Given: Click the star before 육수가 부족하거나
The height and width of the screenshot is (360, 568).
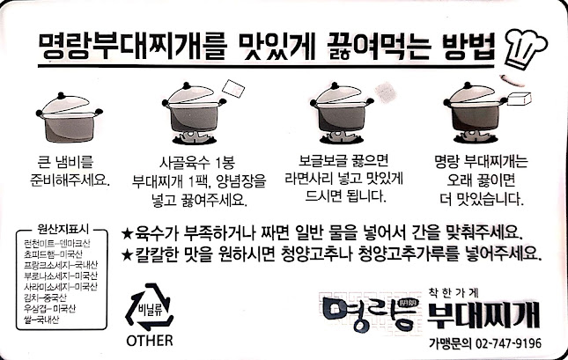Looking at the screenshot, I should pyautogui.click(x=128, y=235).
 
